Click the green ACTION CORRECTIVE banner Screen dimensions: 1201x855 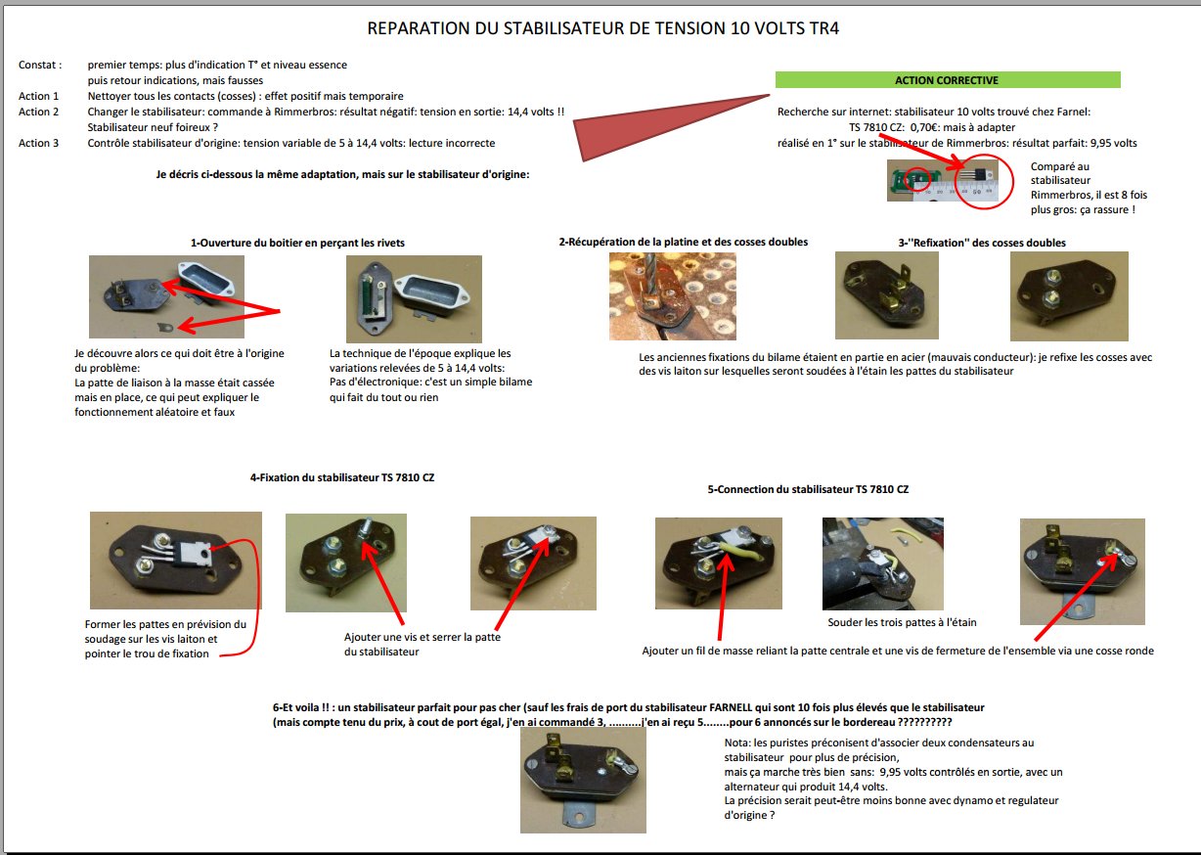(948, 80)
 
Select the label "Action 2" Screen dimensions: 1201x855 (38, 112)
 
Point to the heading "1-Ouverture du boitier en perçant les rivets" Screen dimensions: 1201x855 (297, 243)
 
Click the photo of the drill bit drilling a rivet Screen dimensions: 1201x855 (672, 296)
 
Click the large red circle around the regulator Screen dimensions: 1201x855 (984, 181)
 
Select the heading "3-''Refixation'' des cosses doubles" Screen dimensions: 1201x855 (982, 243)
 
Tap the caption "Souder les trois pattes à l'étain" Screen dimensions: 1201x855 (902, 622)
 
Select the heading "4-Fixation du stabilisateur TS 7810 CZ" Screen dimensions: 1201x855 (342, 477)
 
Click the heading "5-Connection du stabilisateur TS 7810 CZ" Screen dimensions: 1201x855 (808, 489)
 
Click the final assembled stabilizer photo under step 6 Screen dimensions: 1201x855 (583, 781)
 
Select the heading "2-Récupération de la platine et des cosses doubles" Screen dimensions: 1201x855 (683, 242)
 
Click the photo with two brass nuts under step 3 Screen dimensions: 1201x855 (1069, 296)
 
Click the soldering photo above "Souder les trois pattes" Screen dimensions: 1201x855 (883, 563)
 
